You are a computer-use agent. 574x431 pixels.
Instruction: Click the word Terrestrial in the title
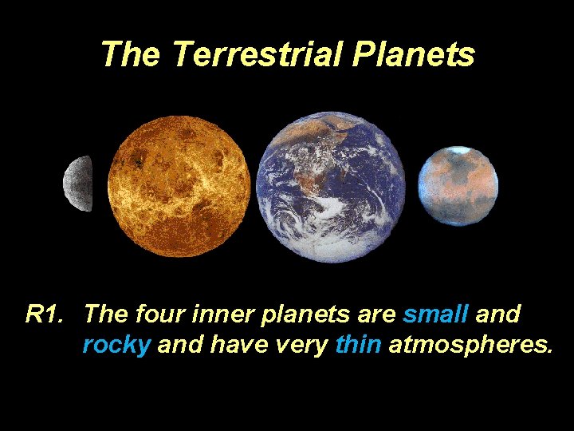tap(258, 54)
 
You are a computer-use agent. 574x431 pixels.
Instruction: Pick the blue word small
tap(435, 314)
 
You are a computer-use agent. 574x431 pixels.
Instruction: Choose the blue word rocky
tap(116, 345)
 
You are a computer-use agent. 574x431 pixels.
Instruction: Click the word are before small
tap(378, 314)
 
